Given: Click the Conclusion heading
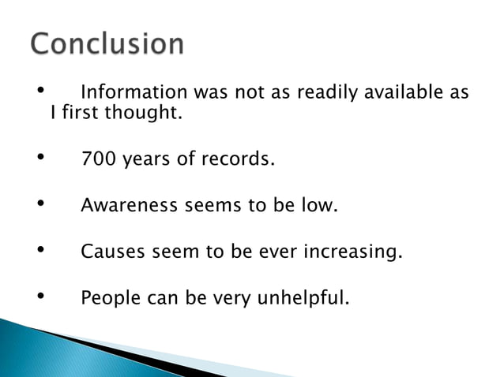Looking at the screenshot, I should pyautogui.click(x=107, y=44).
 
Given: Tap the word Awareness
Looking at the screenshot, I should pyautogui.click(x=130, y=207).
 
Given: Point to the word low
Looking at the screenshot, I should pyautogui.click(x=322, y=207).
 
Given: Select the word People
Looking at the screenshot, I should pyautogui.click(x=110, y=300).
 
